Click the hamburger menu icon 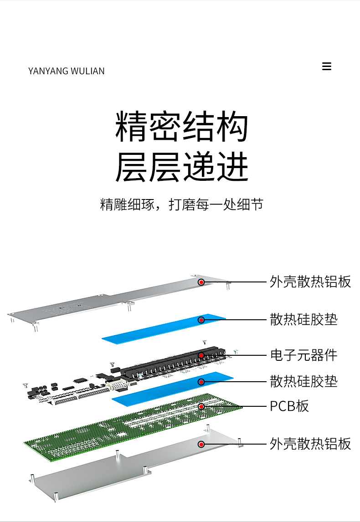[x=327, y=66]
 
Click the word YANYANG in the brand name [x=48, y=71]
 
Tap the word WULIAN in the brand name [x=87, y=71]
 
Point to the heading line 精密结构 [x=182, y=127]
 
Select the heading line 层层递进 [x=182, y=166]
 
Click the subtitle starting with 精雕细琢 [x=182, y=205]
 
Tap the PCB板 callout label [x=289, y=406]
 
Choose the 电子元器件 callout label [x=303, y=355]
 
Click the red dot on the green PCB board [x=201, y=406]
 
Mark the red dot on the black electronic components [x=201, y=356]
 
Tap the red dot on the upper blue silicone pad [x=201, y=320]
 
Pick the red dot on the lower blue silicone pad [x=201, y=382]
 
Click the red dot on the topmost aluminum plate [x=201, y=282]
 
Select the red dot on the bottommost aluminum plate [x=201, y=444]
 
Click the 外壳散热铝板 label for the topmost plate [x=310, y=281]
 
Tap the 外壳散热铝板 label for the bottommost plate [x=310, y=444]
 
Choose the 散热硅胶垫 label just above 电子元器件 [x=303, y=319]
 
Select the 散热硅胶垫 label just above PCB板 [x=303, y=381]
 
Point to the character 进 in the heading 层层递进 [x=233, y=166]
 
